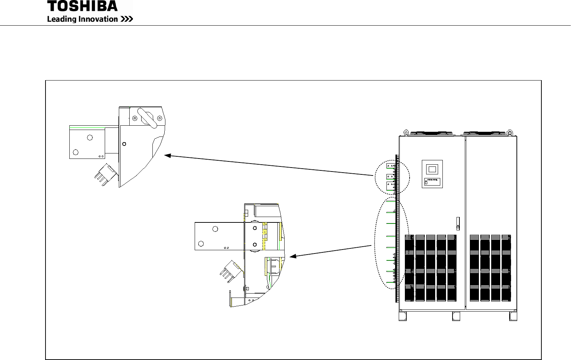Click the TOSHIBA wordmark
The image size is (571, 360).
pyautogui.click(x=82, y=6)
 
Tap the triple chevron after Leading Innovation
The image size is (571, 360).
pyautogui.click(x=127, y=19)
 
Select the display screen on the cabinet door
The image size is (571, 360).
pyautogui.click(x=432, y=169)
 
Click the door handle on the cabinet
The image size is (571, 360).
pyautogui.click(x=458, y=223)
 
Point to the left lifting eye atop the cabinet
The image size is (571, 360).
pyautogui.click(x=406, y=132)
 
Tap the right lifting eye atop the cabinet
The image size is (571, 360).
pyautogui.click(x=510, y=132)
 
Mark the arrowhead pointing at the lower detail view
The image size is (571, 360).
pyautogui.click(x=293, y=256)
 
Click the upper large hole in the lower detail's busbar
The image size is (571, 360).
pyautogui.click(x=215, y=229)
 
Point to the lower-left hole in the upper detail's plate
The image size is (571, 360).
pyautogui.click(x=76, y=152)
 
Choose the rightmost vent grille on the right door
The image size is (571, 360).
pyautogui.click(x=506, y=268)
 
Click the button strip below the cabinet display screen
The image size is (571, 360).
pyautogui.click(x=432, y=182)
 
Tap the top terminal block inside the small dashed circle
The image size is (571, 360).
pyautogui.click(x=391, y=166)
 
